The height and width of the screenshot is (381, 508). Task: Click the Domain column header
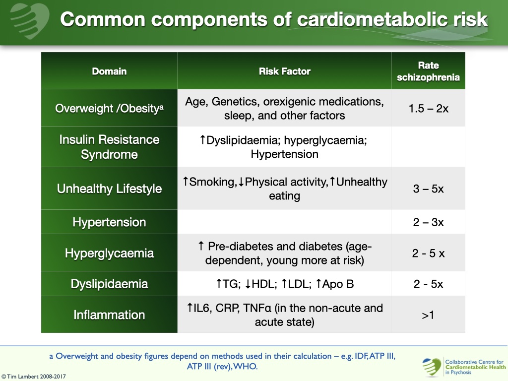[x=109, y=71]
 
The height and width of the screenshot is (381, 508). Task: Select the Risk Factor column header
[x=284, y=71]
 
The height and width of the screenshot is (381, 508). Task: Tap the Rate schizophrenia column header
[x=428, y=71]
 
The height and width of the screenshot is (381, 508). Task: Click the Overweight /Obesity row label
[x=109, y=108]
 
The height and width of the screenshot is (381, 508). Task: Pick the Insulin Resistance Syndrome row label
[x=109, y=147]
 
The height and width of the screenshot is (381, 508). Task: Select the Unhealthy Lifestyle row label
[x=109, y=189]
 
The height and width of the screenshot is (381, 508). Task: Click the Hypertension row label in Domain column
[x=109, y=222]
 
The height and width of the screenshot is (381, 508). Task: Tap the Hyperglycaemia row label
[x=109, y=253]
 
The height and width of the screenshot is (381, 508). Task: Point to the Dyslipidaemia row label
[x=109, y=284]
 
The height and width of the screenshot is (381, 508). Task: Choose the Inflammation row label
[x=109, y=315]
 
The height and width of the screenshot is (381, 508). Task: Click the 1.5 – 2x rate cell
[x=428, y=108]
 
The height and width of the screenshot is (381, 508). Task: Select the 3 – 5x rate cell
[x=428, y=189]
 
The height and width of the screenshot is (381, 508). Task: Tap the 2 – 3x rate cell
[x=428, y=222]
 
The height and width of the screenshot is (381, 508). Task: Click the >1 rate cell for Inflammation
[x=428, y=315]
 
